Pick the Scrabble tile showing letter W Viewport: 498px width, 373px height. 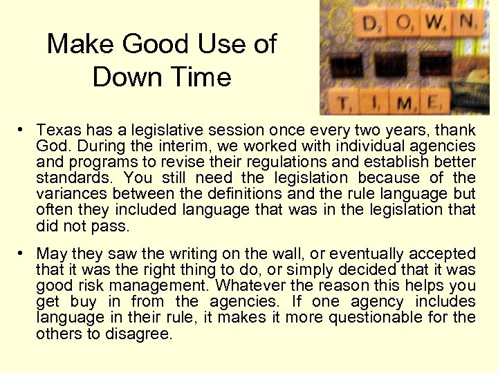[435, 23]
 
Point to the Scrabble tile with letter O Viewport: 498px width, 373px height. [404, 23]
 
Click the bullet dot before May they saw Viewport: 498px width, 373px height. [23, 254]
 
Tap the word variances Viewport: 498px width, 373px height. [70, 194]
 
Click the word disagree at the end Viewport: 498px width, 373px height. [138, 333]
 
